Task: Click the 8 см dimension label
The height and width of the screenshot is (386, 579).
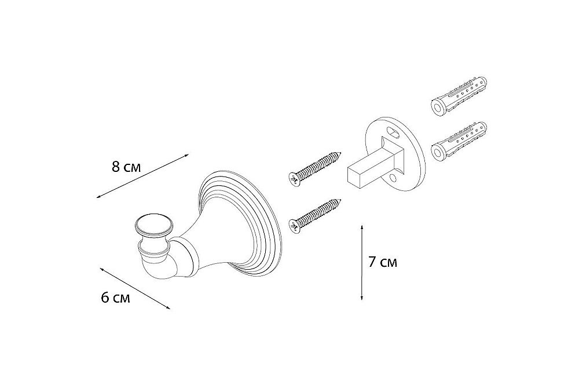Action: point(126,167)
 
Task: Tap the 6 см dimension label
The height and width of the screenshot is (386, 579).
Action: point(116,297)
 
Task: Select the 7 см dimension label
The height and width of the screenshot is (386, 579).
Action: point(383,262)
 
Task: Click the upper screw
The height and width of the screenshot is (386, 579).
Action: point(314,167)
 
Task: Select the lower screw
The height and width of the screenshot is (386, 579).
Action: point(314,216)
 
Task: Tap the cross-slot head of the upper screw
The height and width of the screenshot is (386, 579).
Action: point(294,180)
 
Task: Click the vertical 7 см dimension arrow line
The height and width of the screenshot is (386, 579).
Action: point(362,262)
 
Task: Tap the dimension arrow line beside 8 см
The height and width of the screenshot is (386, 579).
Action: point(142,176)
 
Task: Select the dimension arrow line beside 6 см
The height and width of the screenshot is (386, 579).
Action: point(135,288)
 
